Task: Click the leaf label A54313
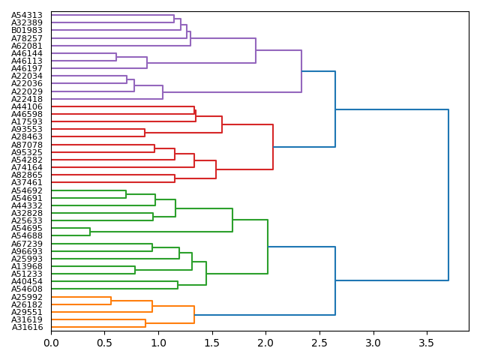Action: point(27,15)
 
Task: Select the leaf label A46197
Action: point(27,68)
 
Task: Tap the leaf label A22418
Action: point(27,99)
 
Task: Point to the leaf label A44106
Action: point(27,106)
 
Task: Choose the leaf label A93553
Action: point(27,130)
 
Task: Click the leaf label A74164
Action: point(27,167)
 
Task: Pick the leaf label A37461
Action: point(27,182)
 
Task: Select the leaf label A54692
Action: point(27,190)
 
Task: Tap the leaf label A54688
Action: point(27,235)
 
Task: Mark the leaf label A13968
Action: point(27,266)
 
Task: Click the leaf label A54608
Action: point(27,289)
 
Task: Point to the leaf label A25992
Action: point(27,297)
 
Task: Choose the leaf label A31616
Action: point(27,327)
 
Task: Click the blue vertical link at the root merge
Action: point(448,195)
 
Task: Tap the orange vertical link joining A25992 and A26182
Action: point(111,301)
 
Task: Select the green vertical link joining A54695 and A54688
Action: point(90,232)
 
